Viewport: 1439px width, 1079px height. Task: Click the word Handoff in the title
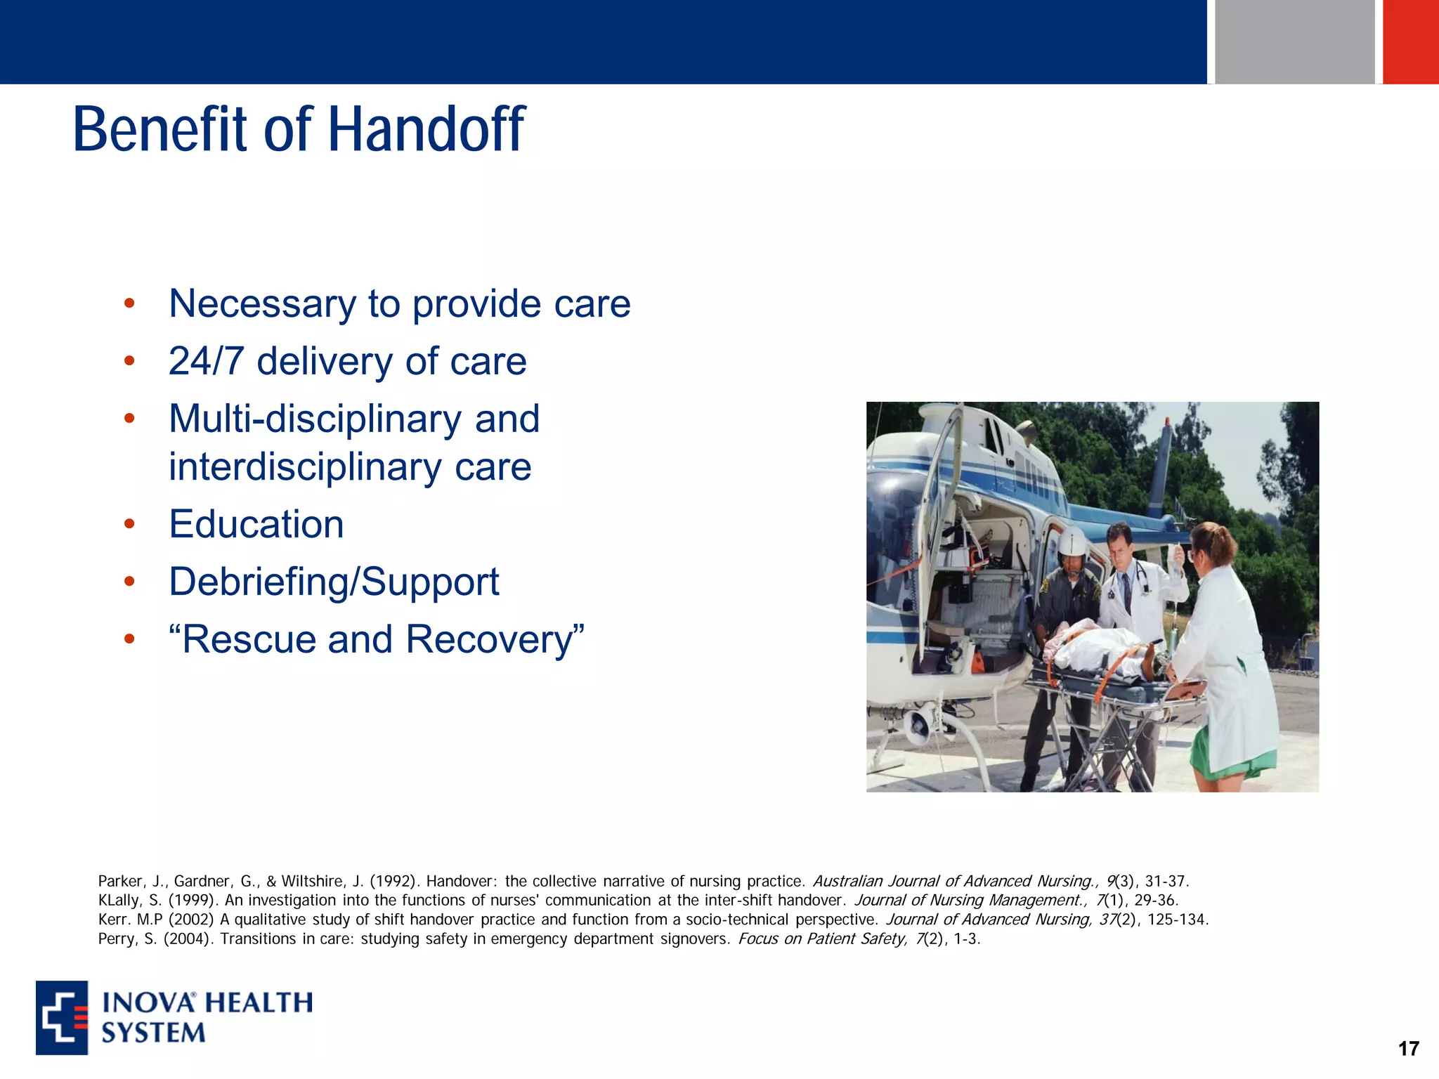pos(426,130)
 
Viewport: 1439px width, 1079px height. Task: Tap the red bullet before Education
pos(129,524)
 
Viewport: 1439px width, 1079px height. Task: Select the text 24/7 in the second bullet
pos(206,362)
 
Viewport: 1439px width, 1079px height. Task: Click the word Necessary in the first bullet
pos(261,304)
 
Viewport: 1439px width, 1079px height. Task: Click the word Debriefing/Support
pos(334,582)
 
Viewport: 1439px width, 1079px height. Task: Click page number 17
pos(1408,1049)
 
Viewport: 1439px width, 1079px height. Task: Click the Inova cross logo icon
pos(62,1017)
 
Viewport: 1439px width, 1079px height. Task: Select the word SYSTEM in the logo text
pos(153,1033)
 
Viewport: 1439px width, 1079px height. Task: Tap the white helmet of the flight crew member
pos(1073,542)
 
